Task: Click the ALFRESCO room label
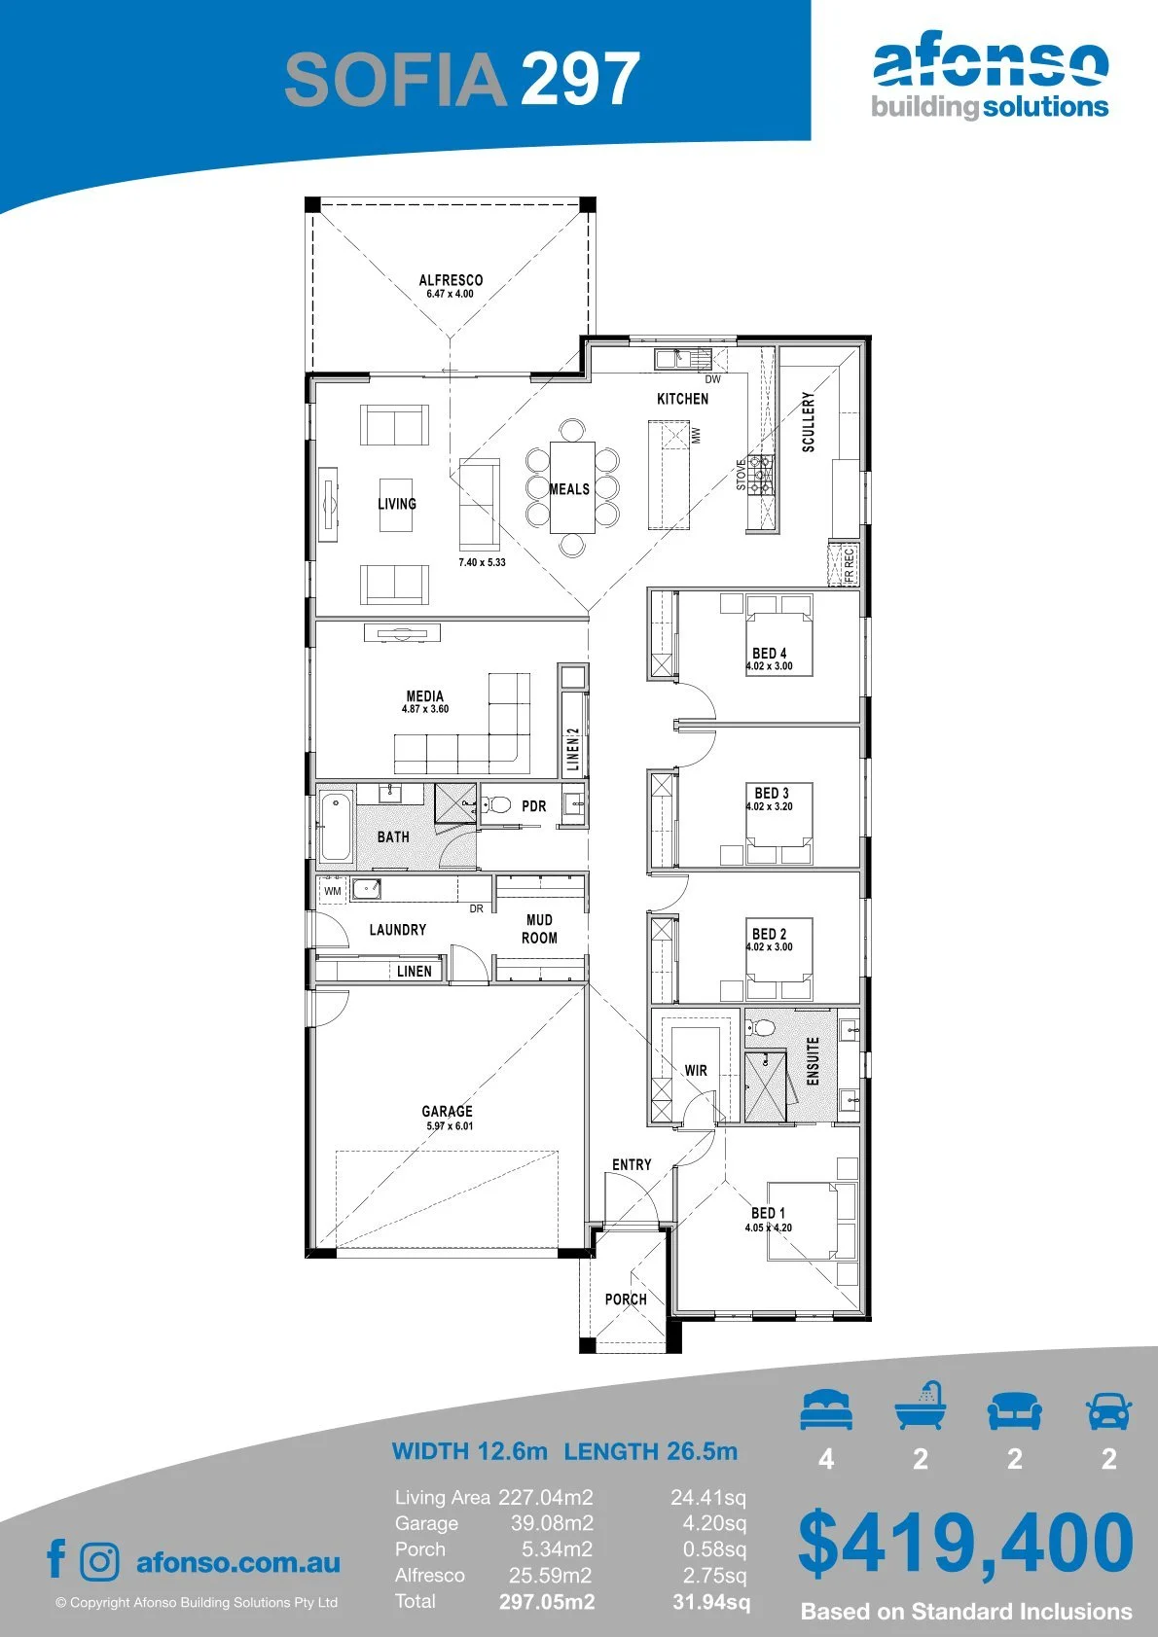pyautogui.click(x=451, y=280)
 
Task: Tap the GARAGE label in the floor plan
pyautogui.click(x=447, y=1111)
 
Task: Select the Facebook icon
pyautogui.click(x=56, y=1559)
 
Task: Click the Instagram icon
pyautogui.click(x=98, y=1561)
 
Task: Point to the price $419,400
pyautogui.click(x=965, y=1543)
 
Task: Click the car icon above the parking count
pyautogui.click(x=1109, y=1409)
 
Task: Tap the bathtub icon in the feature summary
pyautogui.click(x=921, y=1406)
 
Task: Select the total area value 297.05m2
pyautogui.click(x=547, y=1602)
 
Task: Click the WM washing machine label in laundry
pyautogui.click(x=333, y=891)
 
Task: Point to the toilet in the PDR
pyautogui.click(x=497, y=805)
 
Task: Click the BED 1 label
pyautogui.click(x=768, y=1212)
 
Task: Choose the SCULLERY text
pyautogui.click(x=808, y=422)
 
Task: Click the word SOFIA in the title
pyautogui.click(x=395, y=80)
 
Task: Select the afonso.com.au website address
pyautogui.click(x=238, y=1562)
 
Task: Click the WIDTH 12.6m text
pyautogui.click(x=469, y=1451)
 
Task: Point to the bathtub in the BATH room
pyautogui.click(x=336, y=827)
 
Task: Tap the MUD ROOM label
pyautogui.click(x=539, y=929)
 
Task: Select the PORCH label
pyautogui.click(x=626, y=1299)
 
